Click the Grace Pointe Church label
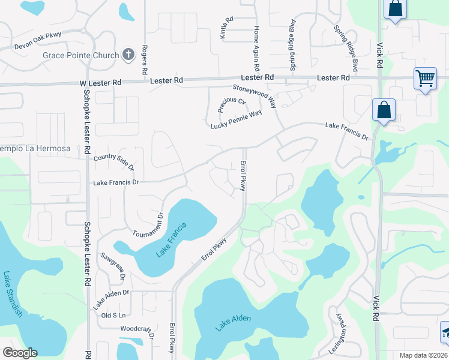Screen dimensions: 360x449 click(80, 56)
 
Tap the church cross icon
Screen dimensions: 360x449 click(128, 55)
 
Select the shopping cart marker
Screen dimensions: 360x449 click(425, 78)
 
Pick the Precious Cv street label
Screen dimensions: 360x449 click(232, 105)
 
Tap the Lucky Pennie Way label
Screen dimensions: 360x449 click(236, 120)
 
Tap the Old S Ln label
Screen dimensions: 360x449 click(113, 315)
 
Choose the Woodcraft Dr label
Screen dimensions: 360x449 click(137, 331)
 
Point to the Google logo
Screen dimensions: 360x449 click(20, 353)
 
